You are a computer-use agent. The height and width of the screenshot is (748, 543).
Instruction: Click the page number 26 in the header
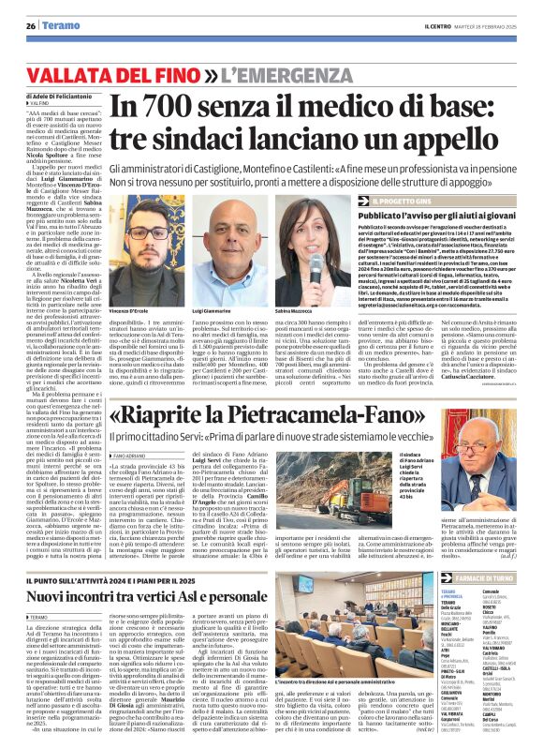[31, 26]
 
